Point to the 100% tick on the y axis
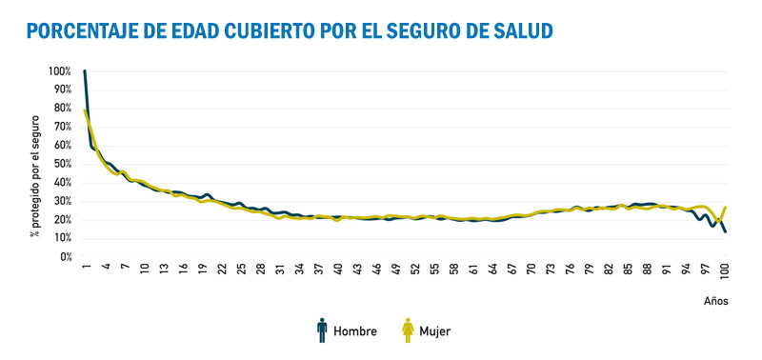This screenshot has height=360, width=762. pyautogui.click(x=59, y=71)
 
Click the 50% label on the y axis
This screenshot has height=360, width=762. pyautogui.click(x=61, y=164)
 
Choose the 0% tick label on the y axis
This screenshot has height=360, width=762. pyautogui.click(x=64, y=256)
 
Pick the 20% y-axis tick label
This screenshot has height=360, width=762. pyautogui.click(x=61, y=219)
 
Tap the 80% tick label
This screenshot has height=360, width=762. pyautogui.click(x=61, y=109)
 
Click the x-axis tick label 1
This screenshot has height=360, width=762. pyautogui.click(x=86, y=269)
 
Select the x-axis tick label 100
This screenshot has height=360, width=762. pyautogui.click(x=726, y=272)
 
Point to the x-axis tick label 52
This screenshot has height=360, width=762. pyautogui.click(x=415, y=270)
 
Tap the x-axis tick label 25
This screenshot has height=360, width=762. pyautogui.click(x=241, y=270)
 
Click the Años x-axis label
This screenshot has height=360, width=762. pyautogui.click(x=716, y=301)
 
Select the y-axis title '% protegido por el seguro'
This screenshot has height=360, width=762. pyautogui.click(x=34, y=175)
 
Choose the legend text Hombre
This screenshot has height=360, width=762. pyautogui.click(x=354, y=331)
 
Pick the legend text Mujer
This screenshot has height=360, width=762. pyautogui.click(x=434, y=331)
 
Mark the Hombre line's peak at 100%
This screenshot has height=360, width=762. pyautogui.click(x=85, y=71)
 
